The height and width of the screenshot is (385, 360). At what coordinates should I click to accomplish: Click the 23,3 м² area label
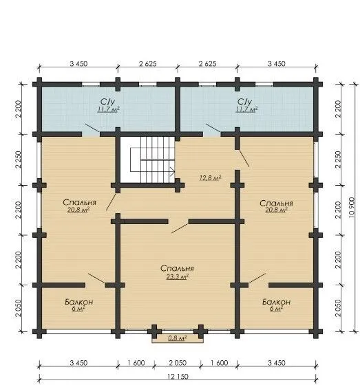click(x=178, y=276)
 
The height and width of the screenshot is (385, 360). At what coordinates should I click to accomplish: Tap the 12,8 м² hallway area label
click(x=210, y=177)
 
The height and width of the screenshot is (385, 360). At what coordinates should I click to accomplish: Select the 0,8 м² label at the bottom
click(x=178, y=338)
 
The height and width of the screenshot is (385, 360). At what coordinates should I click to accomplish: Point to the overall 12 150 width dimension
click(x=178, y=377)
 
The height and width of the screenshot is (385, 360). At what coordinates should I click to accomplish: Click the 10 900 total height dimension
click(x=352, y=208)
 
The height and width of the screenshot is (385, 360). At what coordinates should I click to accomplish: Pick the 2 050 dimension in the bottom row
click(x=178, y=363)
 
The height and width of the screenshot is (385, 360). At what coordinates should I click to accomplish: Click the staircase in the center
click(x=152, y=159)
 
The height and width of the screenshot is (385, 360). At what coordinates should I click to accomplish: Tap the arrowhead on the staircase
click(x=173, y=172)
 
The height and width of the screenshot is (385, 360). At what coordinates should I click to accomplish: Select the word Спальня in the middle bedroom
click(x=177, y=268)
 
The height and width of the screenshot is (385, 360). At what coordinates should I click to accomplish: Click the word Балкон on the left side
click(x=79, y=302)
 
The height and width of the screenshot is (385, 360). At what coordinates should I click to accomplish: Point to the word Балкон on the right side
click(x=276, y=302)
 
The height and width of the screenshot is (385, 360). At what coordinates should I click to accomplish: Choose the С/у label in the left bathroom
click(x=107, y=102)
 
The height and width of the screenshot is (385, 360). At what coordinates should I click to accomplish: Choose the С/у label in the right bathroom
click(x=245, y=102)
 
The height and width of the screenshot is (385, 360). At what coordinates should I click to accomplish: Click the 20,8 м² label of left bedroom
click(x=78, y=210)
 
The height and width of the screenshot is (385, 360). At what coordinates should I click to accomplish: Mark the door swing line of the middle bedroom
click(x=180, y=226)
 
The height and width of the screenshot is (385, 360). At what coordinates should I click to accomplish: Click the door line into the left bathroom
click(x=92, y=128)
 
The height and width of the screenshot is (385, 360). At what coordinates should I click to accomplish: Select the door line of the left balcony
click(x=96, y=278)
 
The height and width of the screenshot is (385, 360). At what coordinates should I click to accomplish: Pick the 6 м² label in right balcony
click(x=276, y=309)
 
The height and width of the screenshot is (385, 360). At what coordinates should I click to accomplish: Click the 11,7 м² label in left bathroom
click(x=109, y=109)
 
